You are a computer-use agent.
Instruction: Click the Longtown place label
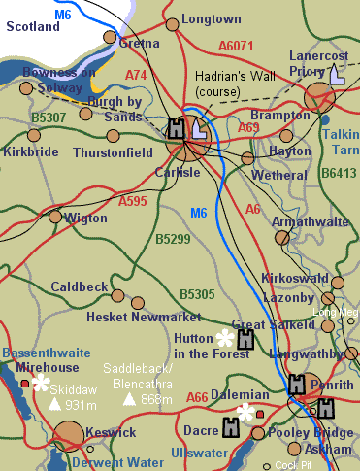click(211, 18)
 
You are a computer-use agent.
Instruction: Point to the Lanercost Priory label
click(318, 62)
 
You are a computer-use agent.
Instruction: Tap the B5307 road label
click(48, 118)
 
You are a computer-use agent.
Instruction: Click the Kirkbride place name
click(32, 152)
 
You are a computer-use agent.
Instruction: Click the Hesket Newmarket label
click(130, 317)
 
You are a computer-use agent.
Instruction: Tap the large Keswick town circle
click(70, 437)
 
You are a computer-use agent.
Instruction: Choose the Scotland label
click(33, 28)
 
